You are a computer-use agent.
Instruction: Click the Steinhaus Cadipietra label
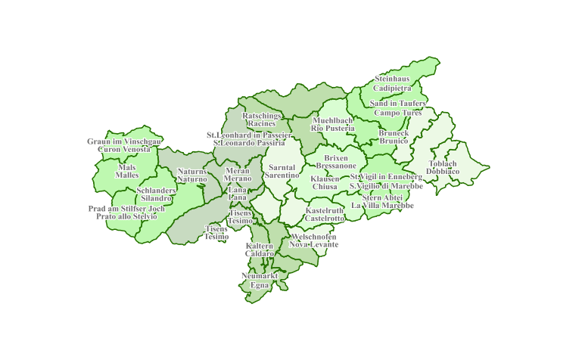click(x=392, y=83)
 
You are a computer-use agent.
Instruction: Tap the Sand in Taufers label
click(x=397, y=107)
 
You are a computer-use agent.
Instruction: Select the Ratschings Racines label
click(x=262, y=119)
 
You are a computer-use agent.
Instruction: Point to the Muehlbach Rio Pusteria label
click(x=332, y=124)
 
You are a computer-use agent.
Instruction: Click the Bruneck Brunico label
click(x=394, y=136)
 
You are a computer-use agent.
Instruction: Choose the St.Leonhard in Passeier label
click(x=249, y=138)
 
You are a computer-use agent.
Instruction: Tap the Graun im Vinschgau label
click(x=124, y=145)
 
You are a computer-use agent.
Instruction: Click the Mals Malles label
click(x=127, y=170)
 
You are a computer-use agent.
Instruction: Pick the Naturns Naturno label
click(x=191, y=175)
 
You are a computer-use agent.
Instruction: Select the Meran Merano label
click(x=237, y=175)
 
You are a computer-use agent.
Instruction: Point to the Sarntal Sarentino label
click(x=282, y=171)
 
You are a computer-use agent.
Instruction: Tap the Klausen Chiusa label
click(x=325, y=182)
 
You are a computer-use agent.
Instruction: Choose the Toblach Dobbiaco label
click(x=443, y=167)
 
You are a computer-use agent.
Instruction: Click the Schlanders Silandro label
click(x=156, y=194)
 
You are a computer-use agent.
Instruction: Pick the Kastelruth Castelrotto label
click(x=325, y=214)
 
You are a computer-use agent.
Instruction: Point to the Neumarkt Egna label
click(x=260, y=281)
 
